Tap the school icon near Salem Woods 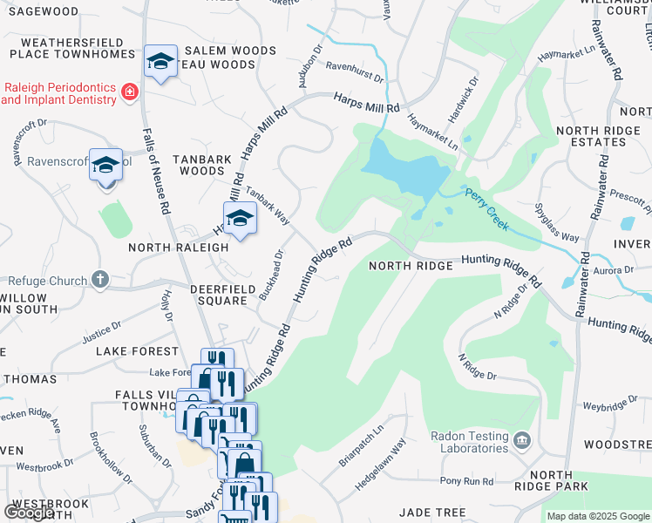coord(160,62)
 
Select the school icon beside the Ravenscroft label coord(106,165)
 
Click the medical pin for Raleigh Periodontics coord(129,92)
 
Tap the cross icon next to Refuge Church coord(100,280)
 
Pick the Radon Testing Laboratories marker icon coord(521,438)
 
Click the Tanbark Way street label coord(267,205)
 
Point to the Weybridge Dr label coord(605,406)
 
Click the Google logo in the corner coord(28,513)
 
